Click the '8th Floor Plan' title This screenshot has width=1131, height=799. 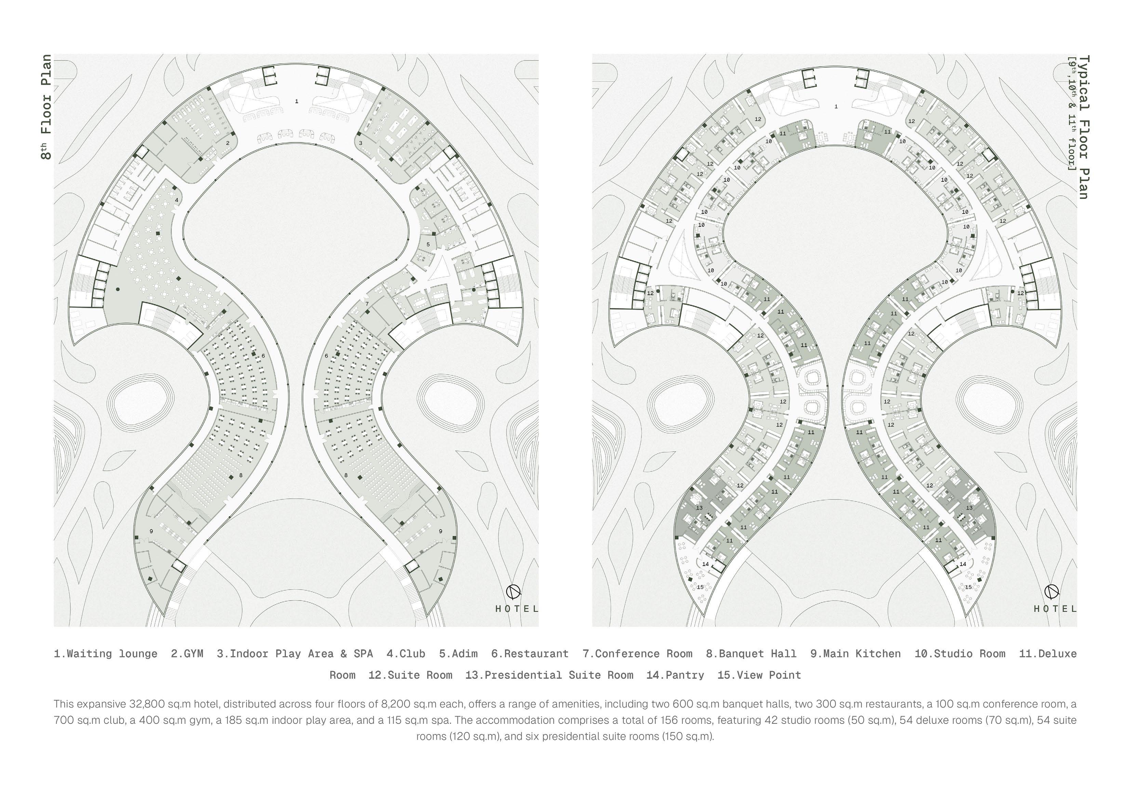[x=46, y=107]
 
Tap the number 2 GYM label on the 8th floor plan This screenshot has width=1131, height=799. [x=228, y=143]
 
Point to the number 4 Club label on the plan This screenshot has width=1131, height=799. [x=176, y=201]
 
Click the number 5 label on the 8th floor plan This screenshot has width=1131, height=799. [x=428, y=244]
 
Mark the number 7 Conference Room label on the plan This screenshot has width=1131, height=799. [x=367, y=304]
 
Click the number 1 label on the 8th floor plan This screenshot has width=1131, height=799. [x=296, y=101]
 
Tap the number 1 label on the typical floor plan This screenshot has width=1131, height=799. [x=836, y=106]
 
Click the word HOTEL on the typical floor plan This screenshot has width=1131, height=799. [x=1055, y=609]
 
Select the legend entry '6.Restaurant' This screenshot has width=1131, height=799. [x=530, y=654]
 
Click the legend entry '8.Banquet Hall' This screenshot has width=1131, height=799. [x=751, y=654]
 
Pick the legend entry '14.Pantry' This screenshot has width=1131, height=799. [x=675, y=675]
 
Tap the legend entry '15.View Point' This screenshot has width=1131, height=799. [x=759, y=675]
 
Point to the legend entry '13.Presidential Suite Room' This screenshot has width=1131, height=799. [x=549, y=675]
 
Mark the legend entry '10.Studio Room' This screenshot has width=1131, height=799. [x=960, y=654]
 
